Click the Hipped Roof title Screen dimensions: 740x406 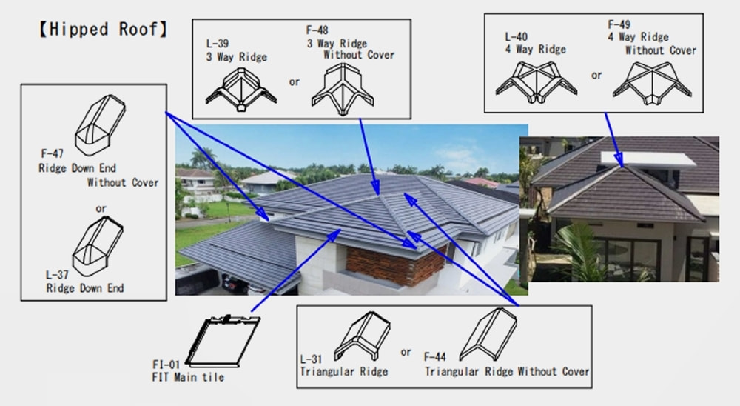coord(102,30)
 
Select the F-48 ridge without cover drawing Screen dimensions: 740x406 coord(343,90)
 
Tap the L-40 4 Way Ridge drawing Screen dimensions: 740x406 coord(536,82)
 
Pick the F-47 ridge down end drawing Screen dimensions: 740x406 coord(100,124)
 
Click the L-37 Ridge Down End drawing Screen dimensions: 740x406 coord(98,246)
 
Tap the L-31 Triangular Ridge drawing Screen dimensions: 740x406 coord(362,336)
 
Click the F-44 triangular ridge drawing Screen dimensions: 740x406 coord(488,334)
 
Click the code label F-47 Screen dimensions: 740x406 coord(52,153)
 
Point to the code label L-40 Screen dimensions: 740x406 coord(516,37)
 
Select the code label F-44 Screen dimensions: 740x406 coord(434,357)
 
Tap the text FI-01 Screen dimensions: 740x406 coord(166,365)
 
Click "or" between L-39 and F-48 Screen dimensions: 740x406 coord(295,82)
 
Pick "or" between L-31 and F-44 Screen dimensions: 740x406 coord(406,352)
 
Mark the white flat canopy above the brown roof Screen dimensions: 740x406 coord(648,159)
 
